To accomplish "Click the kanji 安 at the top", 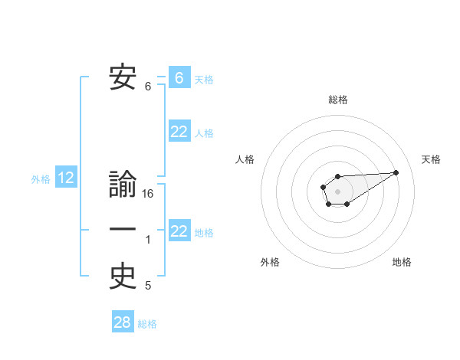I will pos(123,78).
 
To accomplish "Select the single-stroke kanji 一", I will pos(123,231).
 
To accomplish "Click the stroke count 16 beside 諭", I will pos(148,194).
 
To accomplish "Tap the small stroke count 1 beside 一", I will pos(148,240).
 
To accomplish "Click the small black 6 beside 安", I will pos(148,87).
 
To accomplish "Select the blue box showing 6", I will pos(179,77).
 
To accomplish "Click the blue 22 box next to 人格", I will pos(179,132).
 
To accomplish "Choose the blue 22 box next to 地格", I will pos(179,231).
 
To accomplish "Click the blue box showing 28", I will pos(123,322).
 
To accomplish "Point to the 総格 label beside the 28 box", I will pos(147,324).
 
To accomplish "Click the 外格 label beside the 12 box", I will pos(41,179).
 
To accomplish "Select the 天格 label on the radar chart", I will pos(432,159).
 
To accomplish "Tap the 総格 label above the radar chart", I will pos(337,100).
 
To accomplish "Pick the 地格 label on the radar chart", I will pos(402,262).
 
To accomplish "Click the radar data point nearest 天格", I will pos(396,172).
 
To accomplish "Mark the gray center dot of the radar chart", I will pos(337,190).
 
